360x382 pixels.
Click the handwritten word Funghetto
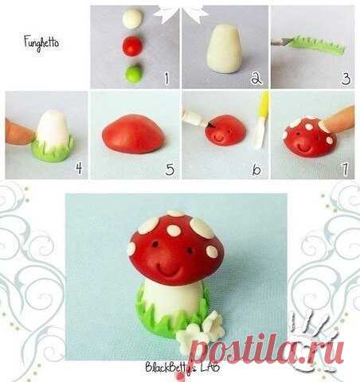pos(41,43)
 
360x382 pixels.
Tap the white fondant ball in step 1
pos(133,18)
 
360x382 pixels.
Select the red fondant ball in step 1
pos(133,46)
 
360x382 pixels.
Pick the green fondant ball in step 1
pos(133,74)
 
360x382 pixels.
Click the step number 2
pos(256,78)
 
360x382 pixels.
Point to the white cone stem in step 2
pos(224,49)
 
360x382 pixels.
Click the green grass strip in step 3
pos(317,45)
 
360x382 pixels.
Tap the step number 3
pos(346,79)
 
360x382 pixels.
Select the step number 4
pos(79,168)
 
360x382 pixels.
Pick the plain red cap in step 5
pos(134,134)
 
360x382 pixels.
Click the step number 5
pos(170,170)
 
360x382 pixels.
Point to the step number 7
pos(345,170)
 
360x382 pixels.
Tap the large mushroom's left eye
pos(155,244)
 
